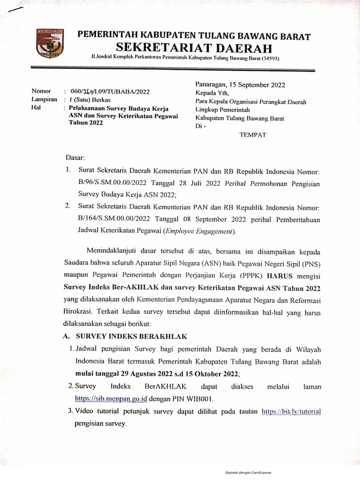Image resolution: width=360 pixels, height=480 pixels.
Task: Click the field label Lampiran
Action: (x=45, y=99)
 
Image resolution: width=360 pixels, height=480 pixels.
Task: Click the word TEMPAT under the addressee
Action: (x=253, y=135)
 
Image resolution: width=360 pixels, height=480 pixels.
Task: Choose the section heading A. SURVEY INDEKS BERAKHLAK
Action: (x=125, y=337)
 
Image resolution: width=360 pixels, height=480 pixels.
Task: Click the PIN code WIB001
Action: (x=200, y=399)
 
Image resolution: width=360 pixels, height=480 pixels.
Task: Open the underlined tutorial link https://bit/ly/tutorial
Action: (x=291, y=412)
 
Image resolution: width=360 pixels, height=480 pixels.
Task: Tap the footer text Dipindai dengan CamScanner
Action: (x=249, y=473)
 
